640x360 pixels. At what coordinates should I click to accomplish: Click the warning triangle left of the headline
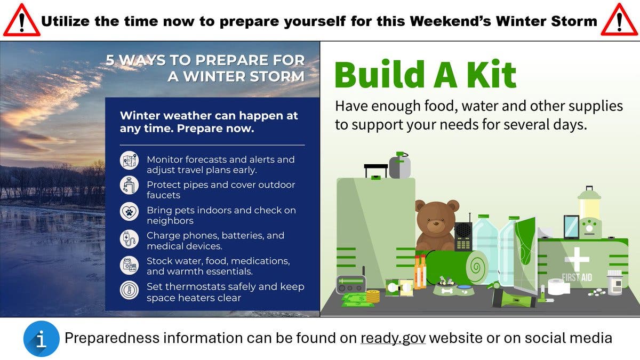[22, 21]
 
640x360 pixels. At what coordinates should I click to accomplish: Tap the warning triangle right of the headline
[619, 20]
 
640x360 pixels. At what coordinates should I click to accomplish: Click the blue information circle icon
[42, 339]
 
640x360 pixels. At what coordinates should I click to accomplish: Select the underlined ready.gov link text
[393, 338]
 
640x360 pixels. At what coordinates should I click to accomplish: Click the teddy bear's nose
[435, 222]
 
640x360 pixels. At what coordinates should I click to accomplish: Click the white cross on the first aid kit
[577, 259]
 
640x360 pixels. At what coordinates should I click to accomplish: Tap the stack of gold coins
[373, 296]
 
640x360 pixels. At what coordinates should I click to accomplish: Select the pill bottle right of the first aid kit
[615, 282]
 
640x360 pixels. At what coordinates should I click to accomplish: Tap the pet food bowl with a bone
[445, 287]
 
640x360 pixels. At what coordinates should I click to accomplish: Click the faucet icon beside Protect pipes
[129, 185]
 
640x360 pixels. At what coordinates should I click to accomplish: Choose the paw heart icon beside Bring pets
[129, 211]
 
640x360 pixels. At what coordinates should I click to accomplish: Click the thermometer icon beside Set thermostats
[129, 290]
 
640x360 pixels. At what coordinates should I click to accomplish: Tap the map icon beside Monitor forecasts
[129, 161]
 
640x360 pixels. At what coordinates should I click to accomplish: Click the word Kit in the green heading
[491, 74]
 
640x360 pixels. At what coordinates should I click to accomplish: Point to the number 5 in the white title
[110, 60]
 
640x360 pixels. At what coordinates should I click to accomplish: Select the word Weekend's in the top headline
[450, 21]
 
